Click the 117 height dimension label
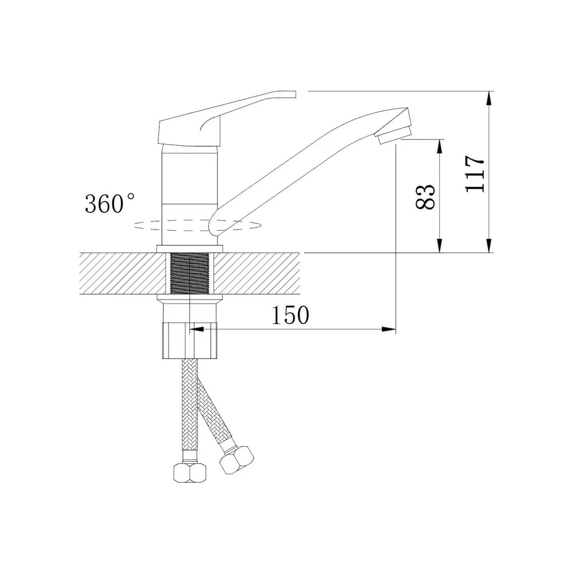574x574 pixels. coord(475,173)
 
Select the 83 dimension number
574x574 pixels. coord(425,196)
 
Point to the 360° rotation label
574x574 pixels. coord(110,204)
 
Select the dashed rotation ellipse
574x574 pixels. coord(198,225)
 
